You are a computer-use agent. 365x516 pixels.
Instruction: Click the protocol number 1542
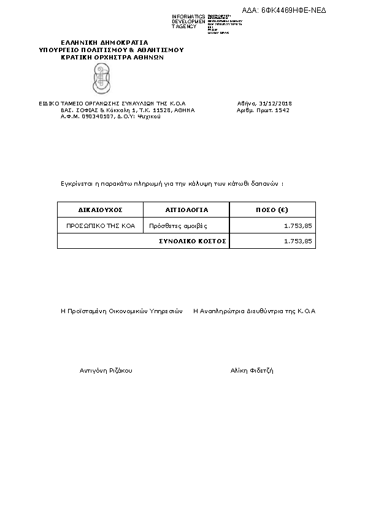tap(283, 110)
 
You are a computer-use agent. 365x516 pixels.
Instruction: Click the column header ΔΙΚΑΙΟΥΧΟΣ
tap(101, 210)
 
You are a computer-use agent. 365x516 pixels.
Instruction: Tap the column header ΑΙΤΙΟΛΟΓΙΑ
tap(187, 210)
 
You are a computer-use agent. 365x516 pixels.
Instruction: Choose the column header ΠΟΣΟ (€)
tap(272, 210)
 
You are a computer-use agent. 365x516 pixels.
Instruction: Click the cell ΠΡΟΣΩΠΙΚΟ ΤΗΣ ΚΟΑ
tap(100, 226)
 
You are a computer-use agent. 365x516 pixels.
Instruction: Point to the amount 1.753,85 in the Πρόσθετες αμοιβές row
tap(298, 226)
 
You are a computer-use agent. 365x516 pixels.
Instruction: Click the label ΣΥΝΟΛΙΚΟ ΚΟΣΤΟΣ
tap(193, 241)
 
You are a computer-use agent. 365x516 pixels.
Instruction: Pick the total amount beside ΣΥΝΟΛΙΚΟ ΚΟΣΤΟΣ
tap(298, 241)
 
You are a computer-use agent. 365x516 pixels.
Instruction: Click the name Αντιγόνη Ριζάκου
tap(106, 371)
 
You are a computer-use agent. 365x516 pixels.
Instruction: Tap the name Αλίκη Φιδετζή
tap(252, 371)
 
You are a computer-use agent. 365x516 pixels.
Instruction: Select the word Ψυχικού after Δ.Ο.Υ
tap(149, 116)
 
